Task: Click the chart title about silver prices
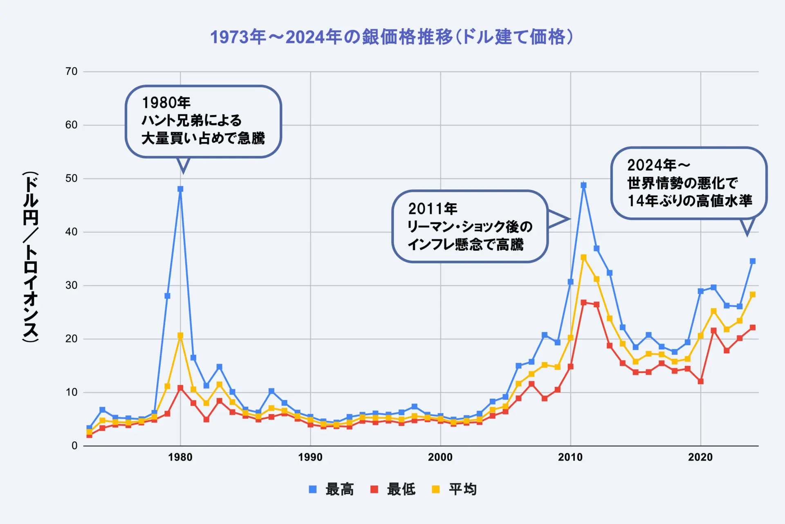tap(391, 37)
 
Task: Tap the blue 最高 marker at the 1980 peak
tap(180, 189)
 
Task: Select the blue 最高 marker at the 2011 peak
tap(583, 185)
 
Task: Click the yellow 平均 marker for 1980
tap(180, 335)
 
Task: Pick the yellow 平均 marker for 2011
tap(583, 257)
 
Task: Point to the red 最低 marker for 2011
tap(583, 303)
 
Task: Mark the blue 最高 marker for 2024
tap(752, 261)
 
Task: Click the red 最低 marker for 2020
tap(700, 381)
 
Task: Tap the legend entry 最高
tap(332, 489)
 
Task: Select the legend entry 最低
tap(393, 489)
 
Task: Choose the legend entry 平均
tap(455, 489)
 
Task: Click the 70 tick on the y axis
tap(72, 72)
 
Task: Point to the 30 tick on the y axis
tap(72, 286)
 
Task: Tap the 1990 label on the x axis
tap(310, 457)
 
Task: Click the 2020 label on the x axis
tap(700, 457)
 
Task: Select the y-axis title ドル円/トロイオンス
tap(31, 257)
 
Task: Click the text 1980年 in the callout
tap(166, 102)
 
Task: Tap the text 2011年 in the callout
tap(433, 209)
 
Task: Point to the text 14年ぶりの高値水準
tap(690, 201)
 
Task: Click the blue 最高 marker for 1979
tap(167, 296)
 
